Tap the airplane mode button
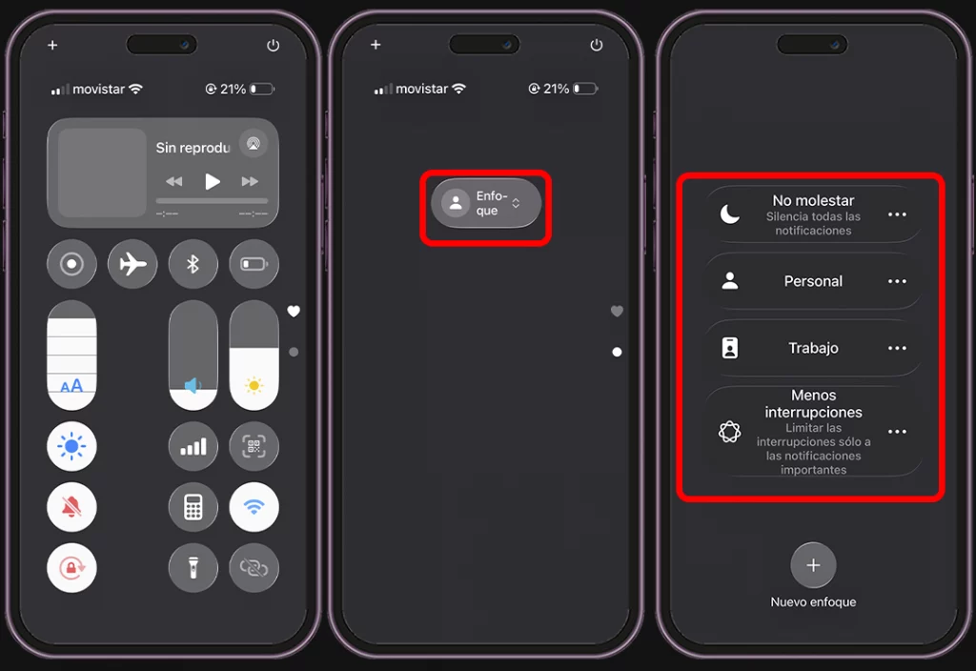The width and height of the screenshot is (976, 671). [132, 264]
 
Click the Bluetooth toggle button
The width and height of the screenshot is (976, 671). [193, 264]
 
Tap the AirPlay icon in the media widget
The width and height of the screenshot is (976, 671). [254, 144]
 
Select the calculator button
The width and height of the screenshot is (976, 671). [193, 507]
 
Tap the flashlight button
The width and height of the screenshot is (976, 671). [193, 567]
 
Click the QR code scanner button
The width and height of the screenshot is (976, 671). [254, 446]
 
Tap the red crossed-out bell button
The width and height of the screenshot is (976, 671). [71, 507]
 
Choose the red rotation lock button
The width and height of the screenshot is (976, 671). [71, 567]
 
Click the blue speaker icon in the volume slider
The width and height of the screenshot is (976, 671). [193, 386]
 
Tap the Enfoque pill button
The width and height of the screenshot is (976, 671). [486, 203]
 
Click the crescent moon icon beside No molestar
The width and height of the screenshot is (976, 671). [729, 214]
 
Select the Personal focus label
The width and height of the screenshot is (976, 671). [813, 281]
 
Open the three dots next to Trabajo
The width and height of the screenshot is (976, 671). [897, 348]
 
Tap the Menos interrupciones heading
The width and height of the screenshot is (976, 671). [814, 403]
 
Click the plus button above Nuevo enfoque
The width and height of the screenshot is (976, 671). [813, 565]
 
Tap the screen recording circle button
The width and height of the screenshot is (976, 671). [71, 264]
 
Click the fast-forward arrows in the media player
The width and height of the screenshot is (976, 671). [250, 181]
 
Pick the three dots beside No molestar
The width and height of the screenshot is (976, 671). [897, 214]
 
